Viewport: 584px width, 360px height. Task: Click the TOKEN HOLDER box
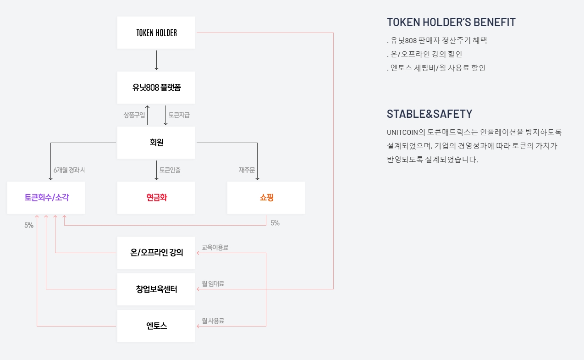coord(156,33)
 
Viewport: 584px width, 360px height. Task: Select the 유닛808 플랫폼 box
coord(156,87)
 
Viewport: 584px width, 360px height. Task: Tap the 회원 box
coord(156,142)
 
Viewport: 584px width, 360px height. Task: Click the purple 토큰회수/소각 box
coord(46,198)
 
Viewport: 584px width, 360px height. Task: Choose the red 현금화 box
coord(156,198)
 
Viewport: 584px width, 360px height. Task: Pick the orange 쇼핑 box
coord(266,198)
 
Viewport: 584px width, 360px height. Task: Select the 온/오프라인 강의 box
coord(156,253)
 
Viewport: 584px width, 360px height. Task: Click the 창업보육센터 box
coord(156,289)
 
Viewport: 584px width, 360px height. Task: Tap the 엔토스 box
coord(156,326)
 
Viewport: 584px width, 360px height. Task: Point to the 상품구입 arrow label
coord(134,115)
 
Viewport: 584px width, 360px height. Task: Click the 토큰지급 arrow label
coord(179,115)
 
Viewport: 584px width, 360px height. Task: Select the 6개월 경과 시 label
coord(70,170)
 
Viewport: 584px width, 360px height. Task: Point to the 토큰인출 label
coord(170,170)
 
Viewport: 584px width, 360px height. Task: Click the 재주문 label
coord(247,170)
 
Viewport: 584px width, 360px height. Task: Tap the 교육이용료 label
coord(215,248)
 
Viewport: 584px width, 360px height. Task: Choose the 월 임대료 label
coord(213,284)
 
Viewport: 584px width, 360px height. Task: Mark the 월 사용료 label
coord(213,321)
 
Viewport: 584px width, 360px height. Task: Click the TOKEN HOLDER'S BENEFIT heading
coord(451,22)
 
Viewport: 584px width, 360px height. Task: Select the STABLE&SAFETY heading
coord(430,114)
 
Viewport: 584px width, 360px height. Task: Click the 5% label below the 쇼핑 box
coord(275,223)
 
